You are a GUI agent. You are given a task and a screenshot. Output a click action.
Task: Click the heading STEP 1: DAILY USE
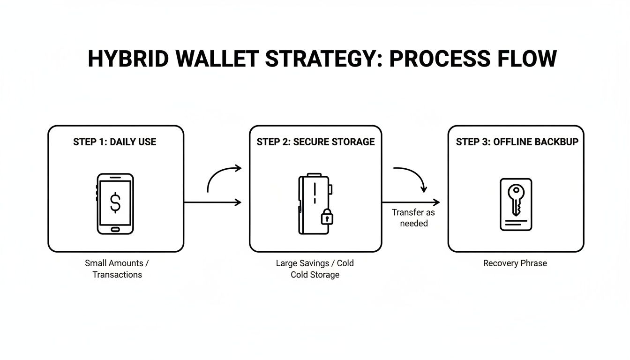114,142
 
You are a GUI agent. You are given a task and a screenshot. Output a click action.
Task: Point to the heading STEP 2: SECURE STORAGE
315,142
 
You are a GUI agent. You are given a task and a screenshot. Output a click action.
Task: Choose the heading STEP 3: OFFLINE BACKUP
517,142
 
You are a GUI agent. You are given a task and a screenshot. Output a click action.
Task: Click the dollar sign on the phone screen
115,202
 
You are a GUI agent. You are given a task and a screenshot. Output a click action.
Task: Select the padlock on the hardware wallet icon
327,217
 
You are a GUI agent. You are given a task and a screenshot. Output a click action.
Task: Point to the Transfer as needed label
413,218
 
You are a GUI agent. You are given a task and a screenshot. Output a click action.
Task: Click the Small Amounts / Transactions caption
117,269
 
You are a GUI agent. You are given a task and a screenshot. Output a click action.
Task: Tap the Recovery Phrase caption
515,263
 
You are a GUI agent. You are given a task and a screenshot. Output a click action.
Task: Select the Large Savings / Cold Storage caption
315,269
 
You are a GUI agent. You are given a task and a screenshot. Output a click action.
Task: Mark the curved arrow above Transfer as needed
412,176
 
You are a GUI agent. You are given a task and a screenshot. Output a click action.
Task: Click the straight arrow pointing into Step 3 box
412,202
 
